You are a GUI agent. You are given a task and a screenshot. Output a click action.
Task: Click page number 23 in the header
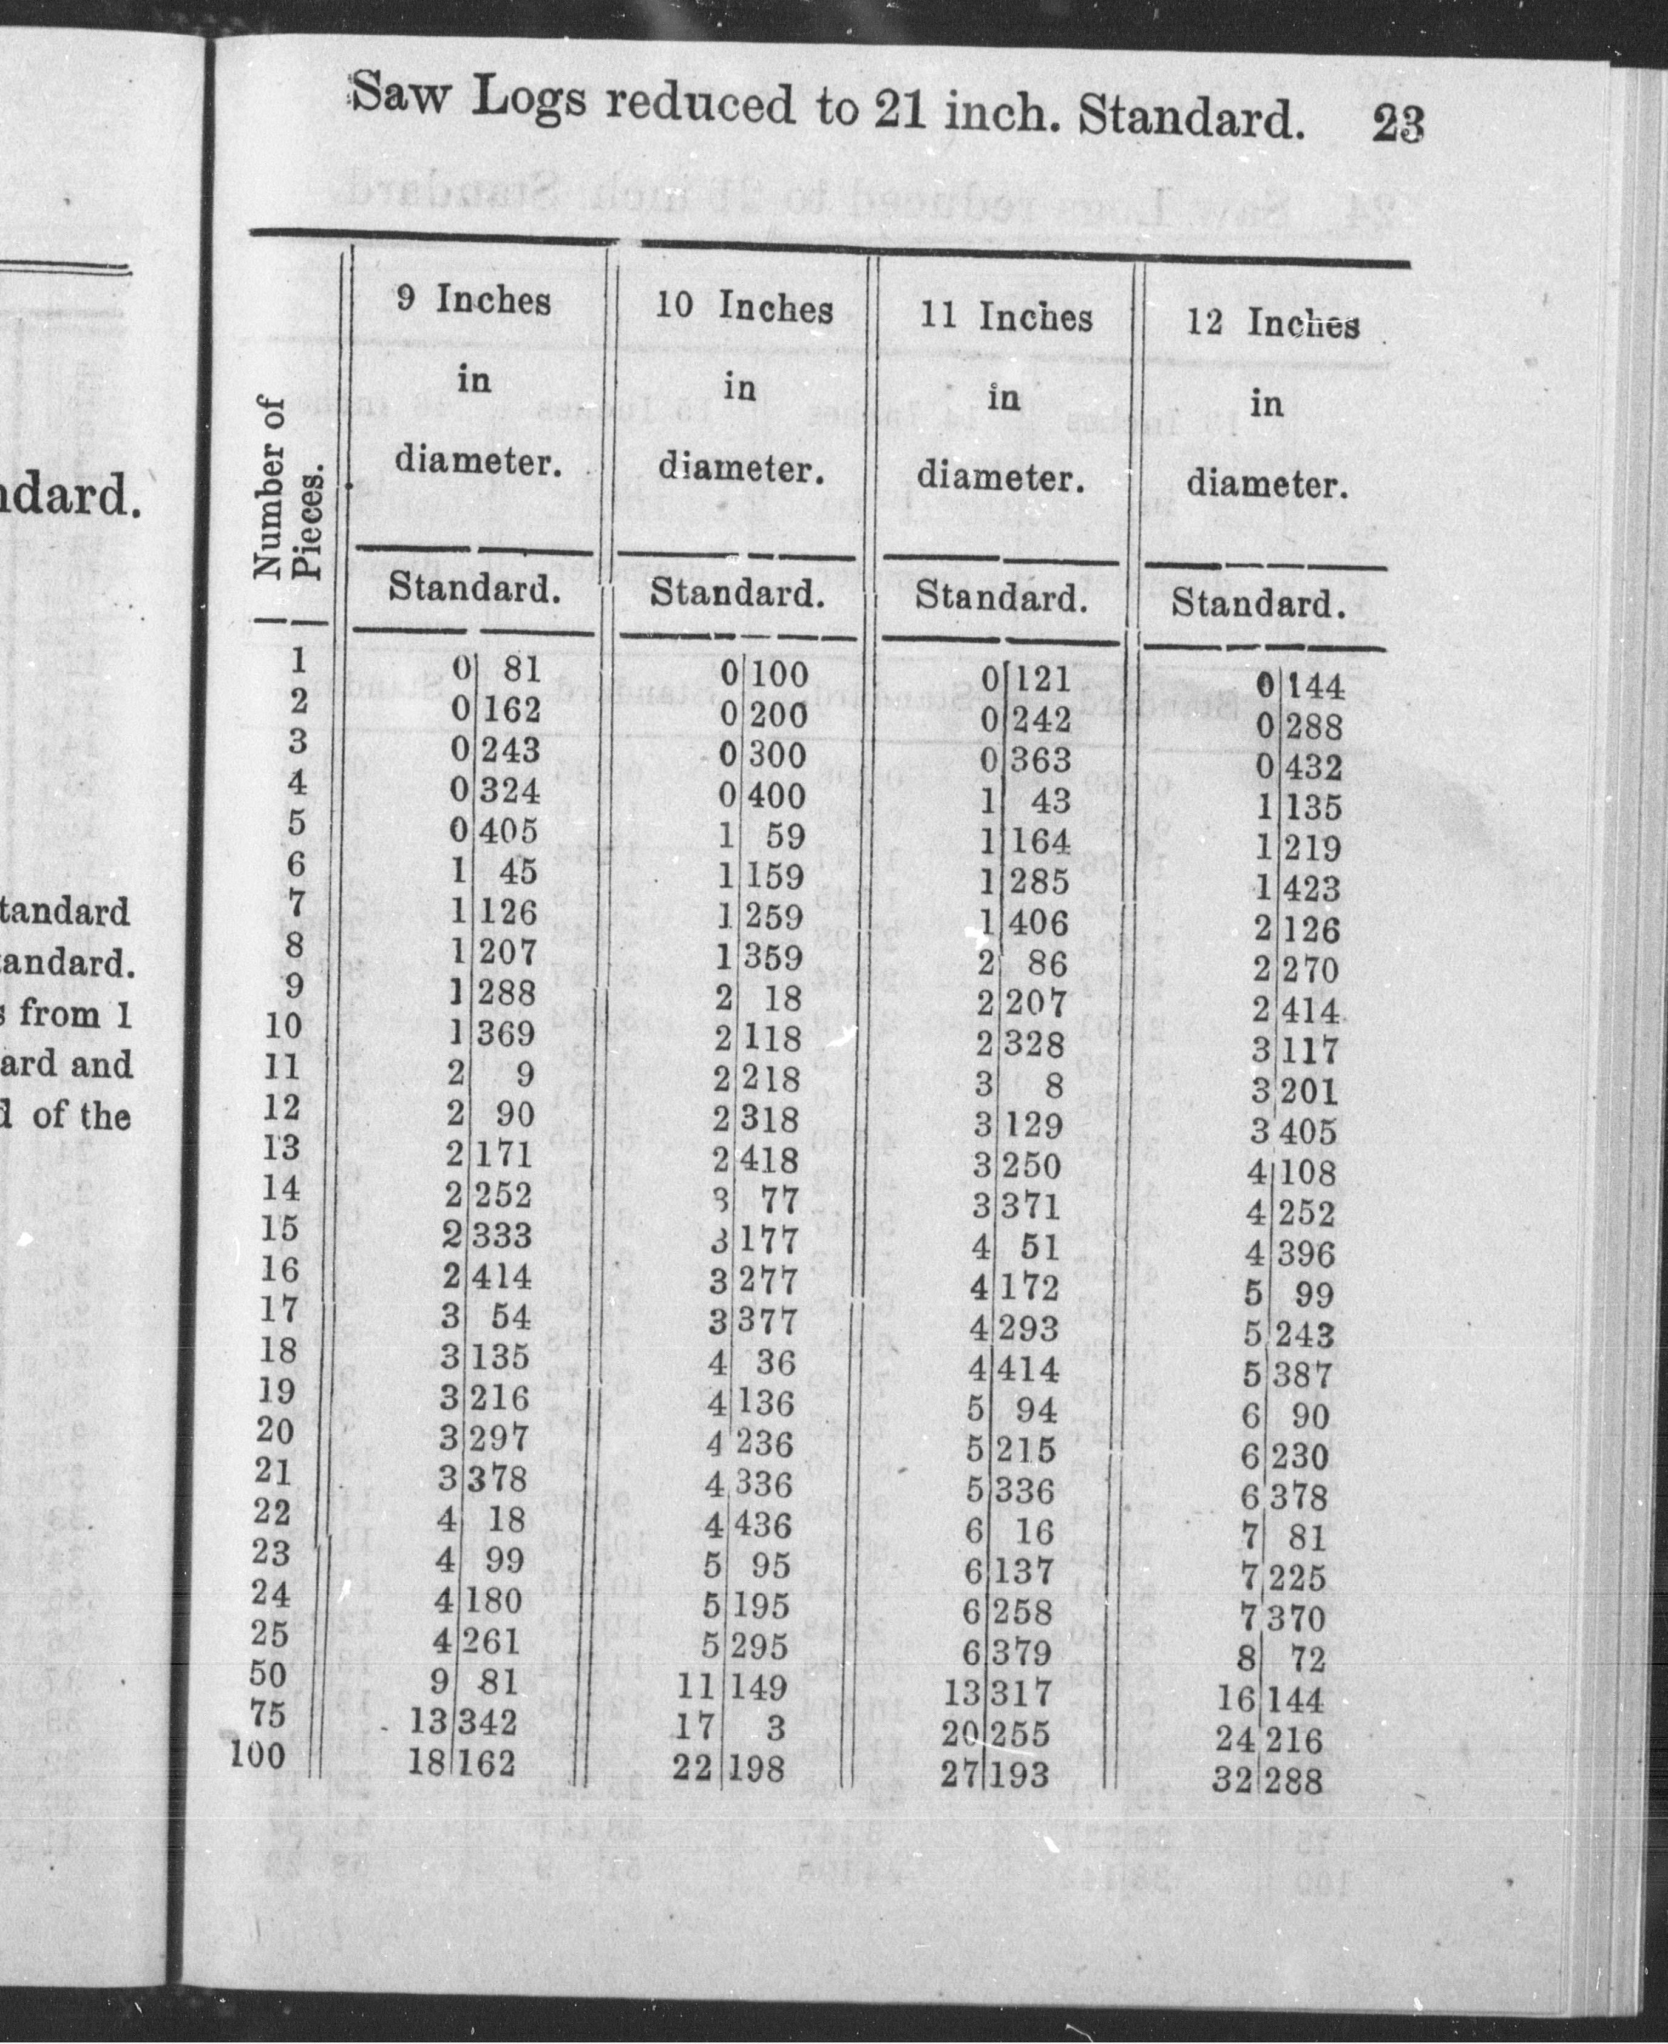coord(1398,125)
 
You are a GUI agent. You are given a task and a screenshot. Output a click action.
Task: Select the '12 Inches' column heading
coord(1272,323)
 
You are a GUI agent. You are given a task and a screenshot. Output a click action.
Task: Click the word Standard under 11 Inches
coord(1000,597)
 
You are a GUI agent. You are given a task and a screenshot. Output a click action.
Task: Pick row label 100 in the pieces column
coord(259,1756)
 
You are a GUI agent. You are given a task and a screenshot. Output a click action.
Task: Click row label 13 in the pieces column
coord(280,1147)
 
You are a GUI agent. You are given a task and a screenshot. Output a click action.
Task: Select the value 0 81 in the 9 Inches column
coord(496,669)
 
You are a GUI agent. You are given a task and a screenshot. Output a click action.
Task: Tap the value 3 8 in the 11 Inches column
coord(1020,1085)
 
